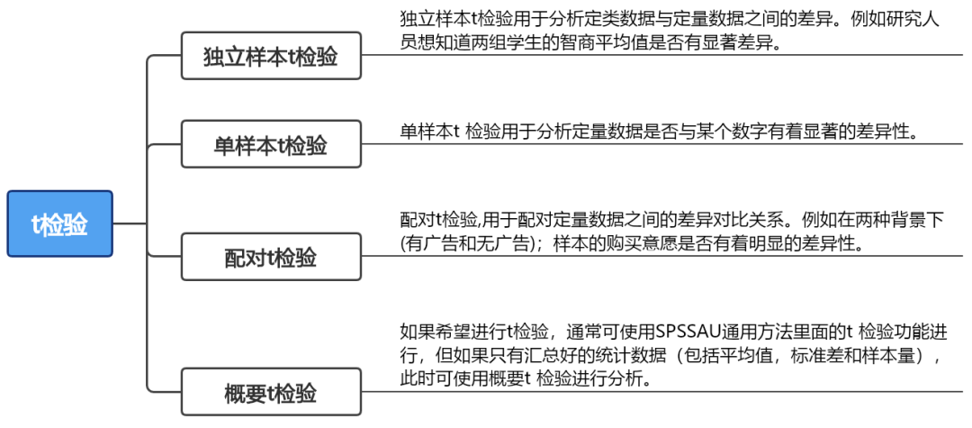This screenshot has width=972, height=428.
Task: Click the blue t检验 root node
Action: click(x=59, y=223)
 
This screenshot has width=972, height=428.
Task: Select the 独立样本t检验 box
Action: click(x=271, y=57)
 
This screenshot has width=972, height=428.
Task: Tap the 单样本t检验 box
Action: click(x=271, y=144)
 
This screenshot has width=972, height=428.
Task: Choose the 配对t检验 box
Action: click(x=271, y=257)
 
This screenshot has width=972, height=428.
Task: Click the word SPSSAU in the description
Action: click(x=692, y=332)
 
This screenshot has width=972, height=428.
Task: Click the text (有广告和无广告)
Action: click(x=469, y=244)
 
